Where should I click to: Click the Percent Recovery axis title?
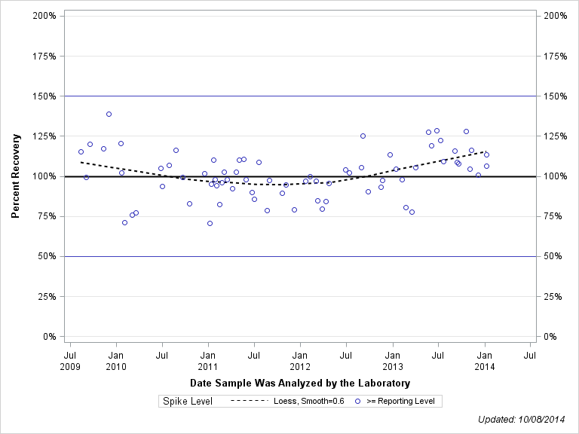tap(15, 176)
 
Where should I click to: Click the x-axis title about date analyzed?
tap(300, 383)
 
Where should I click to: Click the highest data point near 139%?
tap(109, 114)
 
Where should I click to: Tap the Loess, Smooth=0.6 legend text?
tap(309, 401)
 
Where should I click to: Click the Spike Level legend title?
tap(188, 401)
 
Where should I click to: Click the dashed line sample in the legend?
tap(250, 401)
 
